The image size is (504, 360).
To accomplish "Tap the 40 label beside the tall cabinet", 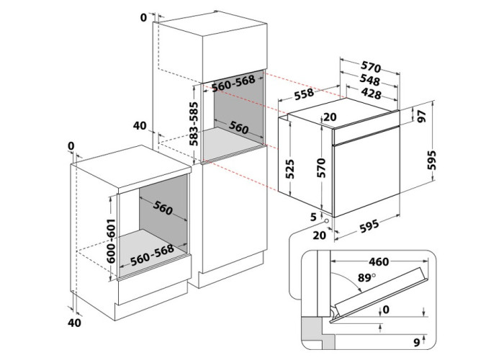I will coord(139,126).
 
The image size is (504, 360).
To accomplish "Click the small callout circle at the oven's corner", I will coord(328,221).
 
